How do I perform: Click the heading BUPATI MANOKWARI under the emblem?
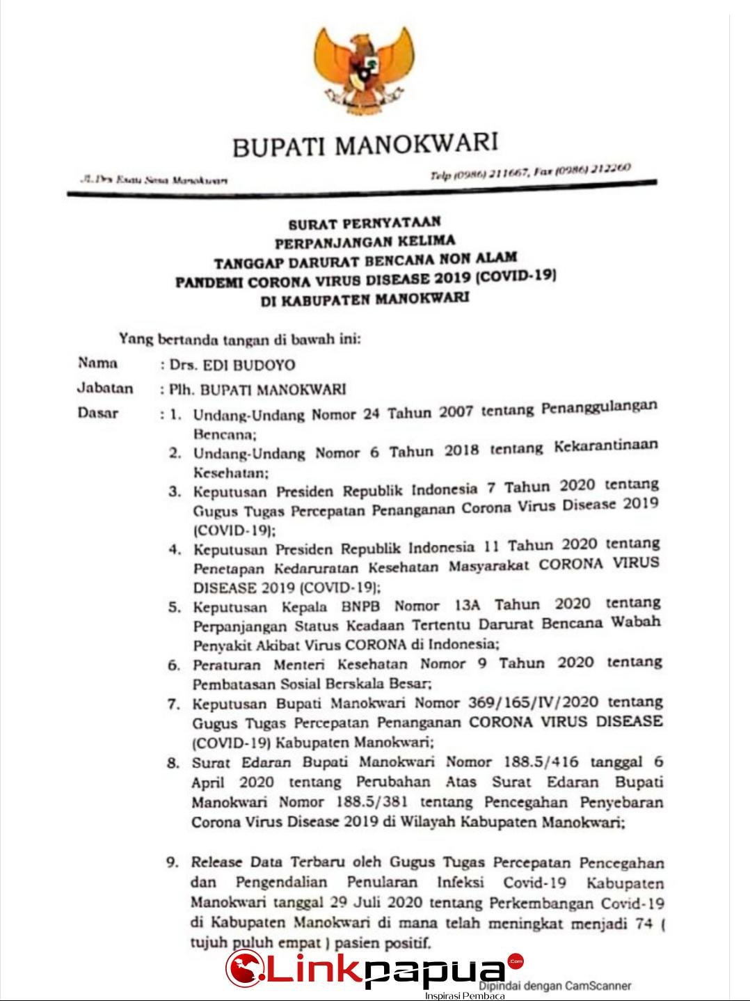[x=365, y=145]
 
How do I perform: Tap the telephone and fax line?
[x=530, y=171]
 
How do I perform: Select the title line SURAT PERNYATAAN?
[x=365, y=223]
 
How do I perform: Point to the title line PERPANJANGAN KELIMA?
[x=365, y=242]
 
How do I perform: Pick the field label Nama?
[x=98, y=363]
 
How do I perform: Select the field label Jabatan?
[x=105, y=388]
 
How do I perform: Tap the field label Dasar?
[x=98, y=413]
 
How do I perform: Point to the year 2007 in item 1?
[x=456, y=412]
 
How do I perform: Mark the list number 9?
[x=173, y=862]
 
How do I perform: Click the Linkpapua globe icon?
[x=243, y=968]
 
